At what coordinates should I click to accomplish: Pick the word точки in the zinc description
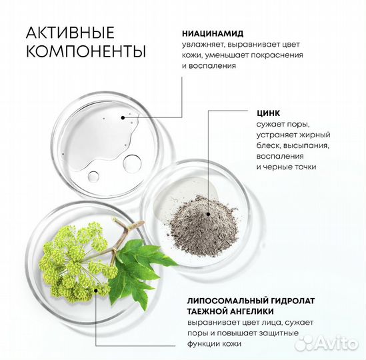(299, 167)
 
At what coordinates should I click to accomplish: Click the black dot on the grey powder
(209, 215)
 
